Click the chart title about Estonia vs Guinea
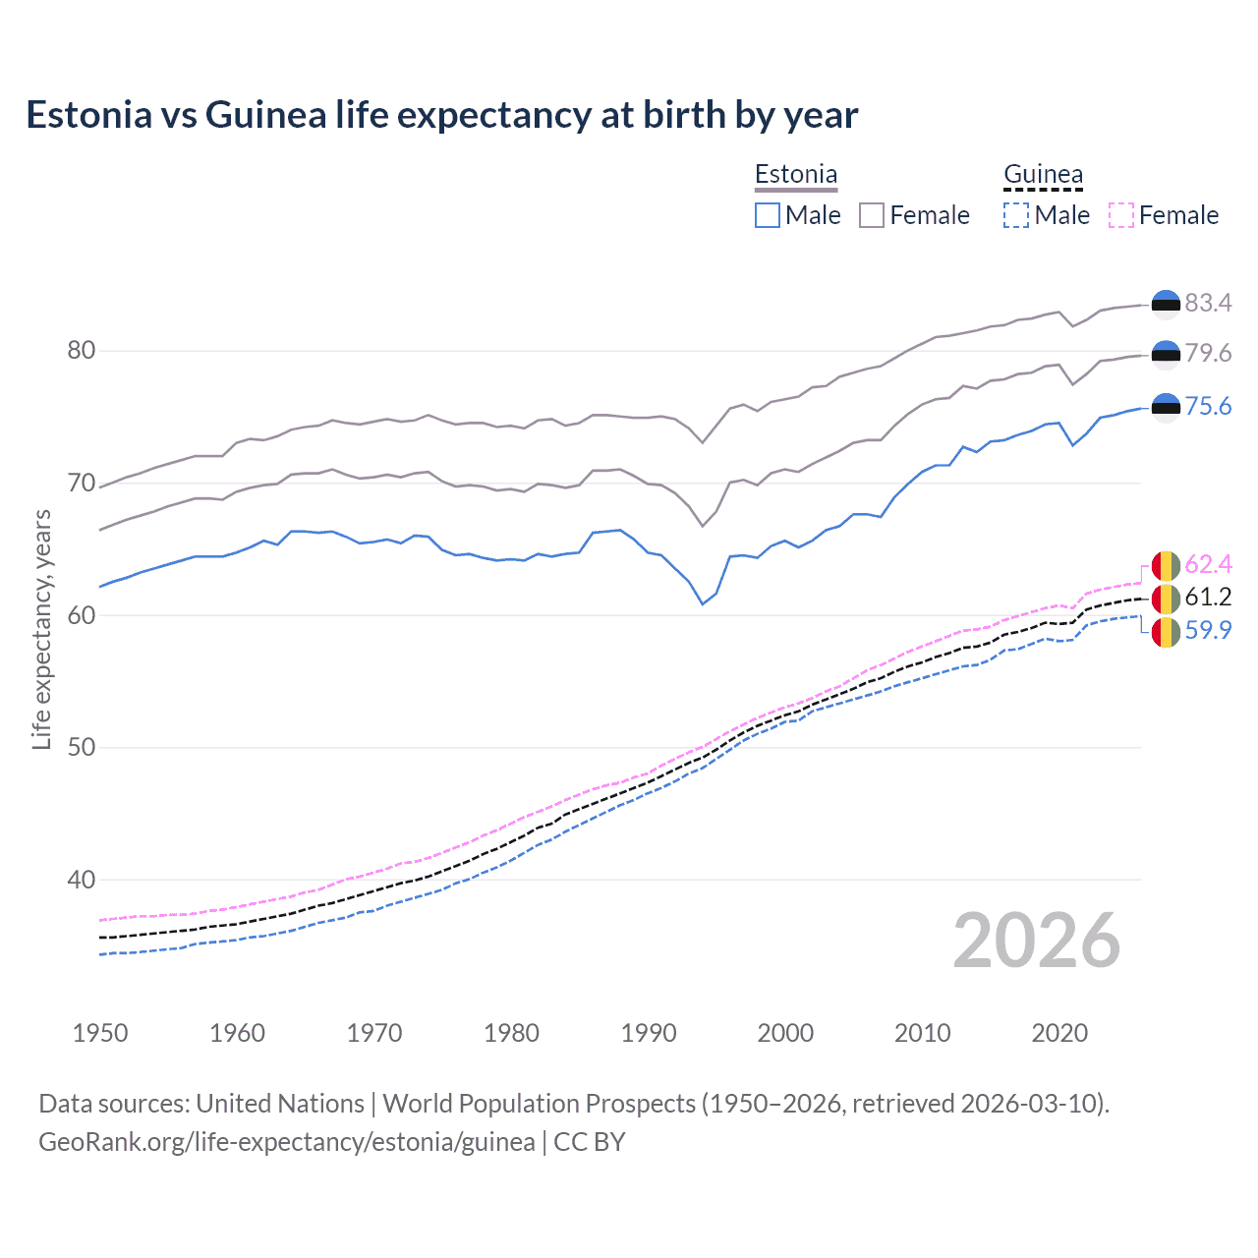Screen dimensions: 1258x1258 442,115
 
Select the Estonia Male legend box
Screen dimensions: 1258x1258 768,215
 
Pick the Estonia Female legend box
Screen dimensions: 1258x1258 872,215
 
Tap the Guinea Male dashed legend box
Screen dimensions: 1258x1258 1016,215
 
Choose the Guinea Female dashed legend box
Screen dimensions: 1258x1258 1121,215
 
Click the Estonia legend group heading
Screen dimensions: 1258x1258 796,174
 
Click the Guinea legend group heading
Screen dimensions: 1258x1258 1043,174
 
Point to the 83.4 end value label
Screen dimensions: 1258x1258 1208,303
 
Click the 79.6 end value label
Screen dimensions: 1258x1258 1208,353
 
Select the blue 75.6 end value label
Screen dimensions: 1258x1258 1208,406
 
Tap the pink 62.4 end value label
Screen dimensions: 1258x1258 1208,564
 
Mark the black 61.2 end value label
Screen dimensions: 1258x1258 1208,597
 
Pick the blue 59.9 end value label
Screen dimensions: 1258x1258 1208,630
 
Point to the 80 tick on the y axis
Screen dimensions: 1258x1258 82,351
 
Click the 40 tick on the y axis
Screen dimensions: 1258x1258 82,880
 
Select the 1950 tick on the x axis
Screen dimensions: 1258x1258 100,1033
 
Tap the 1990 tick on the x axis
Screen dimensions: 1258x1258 649,1033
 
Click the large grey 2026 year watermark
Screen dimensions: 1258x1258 1037,941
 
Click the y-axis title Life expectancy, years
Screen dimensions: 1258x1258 41,629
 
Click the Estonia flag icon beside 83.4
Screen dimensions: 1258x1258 1166,305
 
